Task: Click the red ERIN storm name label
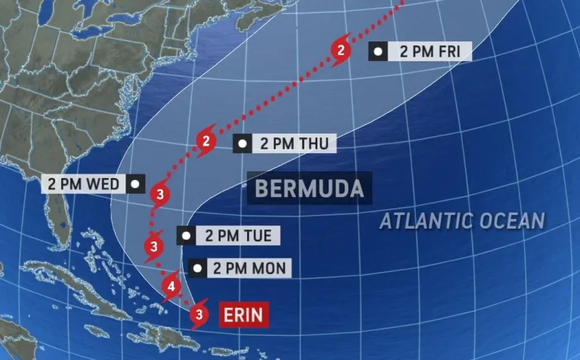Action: tap(244, 314)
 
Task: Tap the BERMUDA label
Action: tap(309, 188)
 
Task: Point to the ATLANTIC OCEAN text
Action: tap(461, 221)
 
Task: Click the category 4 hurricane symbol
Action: tap(171, 287)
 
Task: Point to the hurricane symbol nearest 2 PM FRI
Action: tap(342, 51)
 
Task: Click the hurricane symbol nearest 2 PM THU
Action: tap(206, 141)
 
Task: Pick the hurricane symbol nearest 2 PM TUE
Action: tap(154, 246)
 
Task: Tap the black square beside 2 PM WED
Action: tap(135, 183)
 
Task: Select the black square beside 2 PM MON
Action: tap(197, 268)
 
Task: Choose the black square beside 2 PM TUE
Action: tap(186, 235)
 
